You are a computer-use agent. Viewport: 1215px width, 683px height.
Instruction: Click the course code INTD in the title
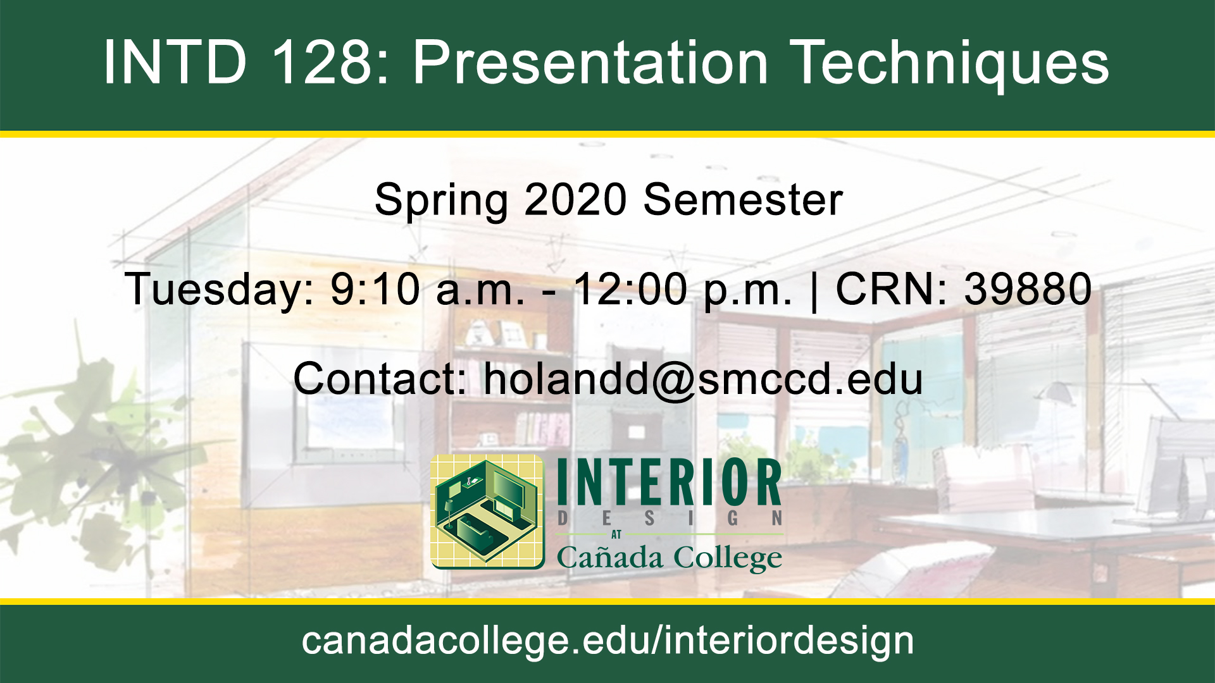pos(175,62)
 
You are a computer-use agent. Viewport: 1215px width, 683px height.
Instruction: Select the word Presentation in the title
pos(590,62)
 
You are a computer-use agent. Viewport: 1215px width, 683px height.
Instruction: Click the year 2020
pos(575,200)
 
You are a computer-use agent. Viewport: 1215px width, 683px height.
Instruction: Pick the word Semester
pos(743,200)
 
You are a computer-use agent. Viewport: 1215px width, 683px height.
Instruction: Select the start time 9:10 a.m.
pos(428,289)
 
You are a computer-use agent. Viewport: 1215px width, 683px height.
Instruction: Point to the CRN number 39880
pos(1028,289)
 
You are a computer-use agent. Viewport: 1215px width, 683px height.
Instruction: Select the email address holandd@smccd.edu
pos(703,380)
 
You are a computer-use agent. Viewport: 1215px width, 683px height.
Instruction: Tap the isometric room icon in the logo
pos(487,511)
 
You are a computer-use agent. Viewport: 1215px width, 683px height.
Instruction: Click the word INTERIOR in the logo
pos(670,483)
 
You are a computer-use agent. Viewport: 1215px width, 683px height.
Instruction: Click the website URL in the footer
pos(607,642)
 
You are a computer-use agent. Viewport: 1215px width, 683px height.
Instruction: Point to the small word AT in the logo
pos(616,535)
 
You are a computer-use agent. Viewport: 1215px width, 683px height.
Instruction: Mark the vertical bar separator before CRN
pos(814,292)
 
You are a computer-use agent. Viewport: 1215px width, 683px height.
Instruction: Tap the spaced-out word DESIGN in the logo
pos(670,519)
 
